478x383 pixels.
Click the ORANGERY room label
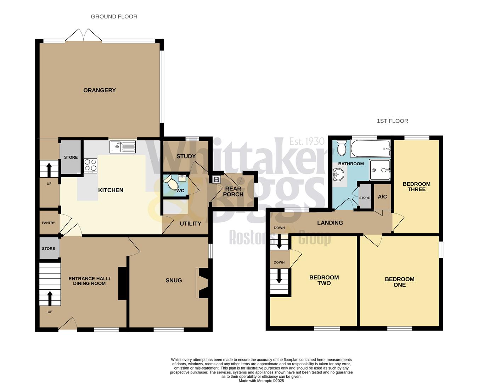coord(99,90)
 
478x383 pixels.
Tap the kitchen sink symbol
coord(123,146)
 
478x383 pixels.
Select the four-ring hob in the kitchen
coord(91,165)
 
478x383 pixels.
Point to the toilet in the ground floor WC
coord(171,184)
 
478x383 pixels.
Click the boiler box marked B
coord(216,179)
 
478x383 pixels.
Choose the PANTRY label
coord(49,223)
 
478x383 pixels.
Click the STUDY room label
coord(186,156)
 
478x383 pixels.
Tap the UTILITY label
coord(190,223)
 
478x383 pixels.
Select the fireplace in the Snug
coord(203,283)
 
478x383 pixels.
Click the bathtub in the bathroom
coord(370,148)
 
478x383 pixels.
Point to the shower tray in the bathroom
coord(379,170)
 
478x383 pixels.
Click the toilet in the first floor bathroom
coord(342,148)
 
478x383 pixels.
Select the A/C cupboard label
coord(382,196)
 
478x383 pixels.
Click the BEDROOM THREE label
coord(416,187)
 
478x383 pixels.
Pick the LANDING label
coord(330,223)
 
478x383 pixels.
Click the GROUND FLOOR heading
coord(114,16)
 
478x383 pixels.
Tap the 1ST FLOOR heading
coord(392,121)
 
